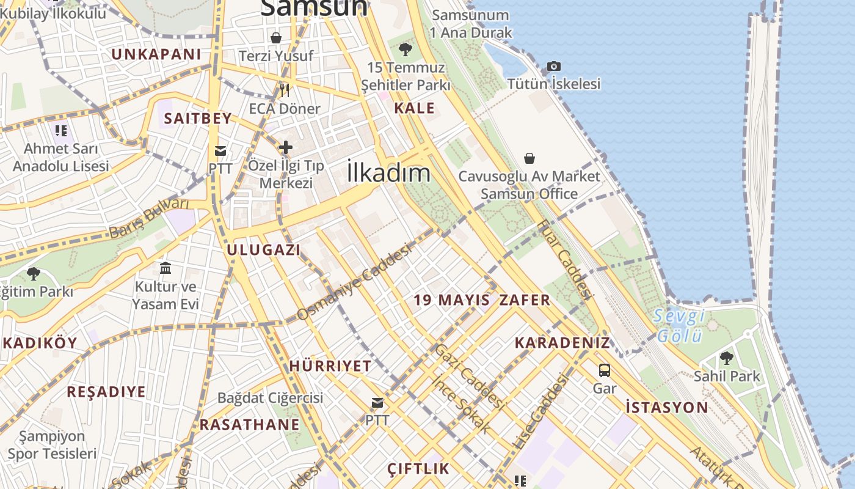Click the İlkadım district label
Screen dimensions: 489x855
(388, 172)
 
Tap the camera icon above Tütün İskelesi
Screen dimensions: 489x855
(553, 66)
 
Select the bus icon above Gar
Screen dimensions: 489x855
(604, 370)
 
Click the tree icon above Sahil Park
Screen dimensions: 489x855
(726, 358)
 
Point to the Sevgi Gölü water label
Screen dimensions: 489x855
(679, 326)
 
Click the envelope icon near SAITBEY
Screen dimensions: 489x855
(220, 150)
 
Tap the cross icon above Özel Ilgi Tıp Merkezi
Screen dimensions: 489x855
(285, 147)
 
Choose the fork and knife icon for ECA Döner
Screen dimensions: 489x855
(284, 90)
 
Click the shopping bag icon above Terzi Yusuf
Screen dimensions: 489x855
(276, 38)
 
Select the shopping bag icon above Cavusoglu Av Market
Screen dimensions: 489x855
(529, 158)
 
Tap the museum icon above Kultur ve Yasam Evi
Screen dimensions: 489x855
(165, 268)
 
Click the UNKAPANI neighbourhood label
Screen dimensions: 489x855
(156, 54)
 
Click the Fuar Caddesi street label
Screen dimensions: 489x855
(565, 259)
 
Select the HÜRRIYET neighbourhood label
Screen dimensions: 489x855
(330, 366)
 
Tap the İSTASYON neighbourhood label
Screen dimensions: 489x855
(667, 407)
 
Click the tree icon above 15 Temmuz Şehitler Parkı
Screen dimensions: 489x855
(404, 50)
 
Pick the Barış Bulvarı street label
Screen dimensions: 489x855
(149, 218)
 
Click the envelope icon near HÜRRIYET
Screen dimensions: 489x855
(377, 403)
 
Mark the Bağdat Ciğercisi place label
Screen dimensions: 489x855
(270, 398)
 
